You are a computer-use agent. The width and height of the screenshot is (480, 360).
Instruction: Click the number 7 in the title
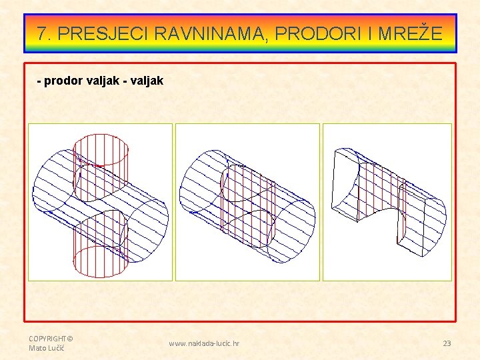coord(43,33)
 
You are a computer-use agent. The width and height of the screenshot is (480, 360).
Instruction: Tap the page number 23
coord(447,343)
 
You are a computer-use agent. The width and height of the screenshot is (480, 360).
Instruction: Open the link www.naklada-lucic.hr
coord(204,343)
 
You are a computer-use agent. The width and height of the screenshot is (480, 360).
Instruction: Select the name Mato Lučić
coord(44,348)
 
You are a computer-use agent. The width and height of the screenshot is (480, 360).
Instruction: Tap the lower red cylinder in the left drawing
coord(100,250)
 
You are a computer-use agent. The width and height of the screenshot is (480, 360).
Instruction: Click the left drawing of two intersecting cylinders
coord(100,202)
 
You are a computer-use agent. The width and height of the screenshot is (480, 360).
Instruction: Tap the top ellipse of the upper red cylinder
coord(101,141)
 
